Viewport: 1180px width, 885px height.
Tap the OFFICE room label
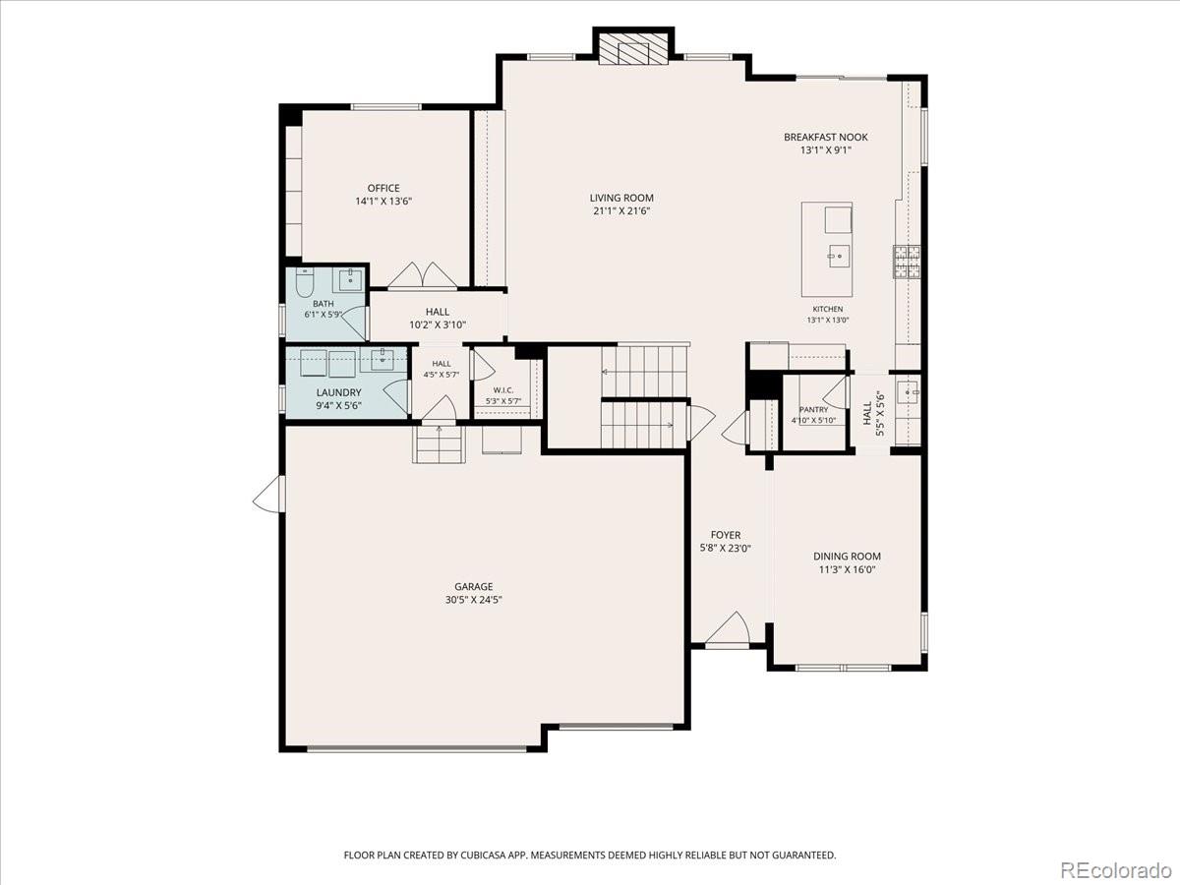click(383, 188)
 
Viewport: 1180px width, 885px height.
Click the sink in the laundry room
click(382, 361)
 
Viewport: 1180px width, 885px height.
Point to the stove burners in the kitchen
click(907, 262)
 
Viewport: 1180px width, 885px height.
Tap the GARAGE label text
click(474, 587)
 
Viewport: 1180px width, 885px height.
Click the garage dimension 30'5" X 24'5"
click(474, 600)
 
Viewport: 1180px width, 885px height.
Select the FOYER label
click(725, 535)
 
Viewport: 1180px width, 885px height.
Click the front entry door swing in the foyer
click(728, 628)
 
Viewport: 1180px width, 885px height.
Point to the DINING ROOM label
click(847, 557)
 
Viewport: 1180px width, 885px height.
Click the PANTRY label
click(813, 409)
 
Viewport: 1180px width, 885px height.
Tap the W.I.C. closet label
click(503, 390)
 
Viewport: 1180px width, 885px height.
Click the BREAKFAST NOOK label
click(826, 137)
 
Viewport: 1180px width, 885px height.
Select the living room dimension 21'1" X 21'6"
click(621, 211)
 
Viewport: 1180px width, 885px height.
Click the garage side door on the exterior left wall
click(268, 494)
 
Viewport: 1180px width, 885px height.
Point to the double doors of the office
click(423, 275)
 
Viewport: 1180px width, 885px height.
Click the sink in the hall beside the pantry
click(908, 392)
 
